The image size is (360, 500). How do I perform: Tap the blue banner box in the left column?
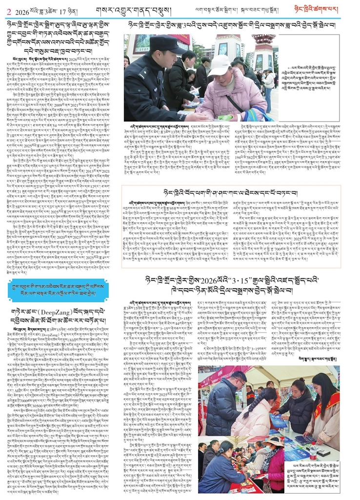(60, 291)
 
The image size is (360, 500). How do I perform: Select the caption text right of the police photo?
(312, 74)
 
